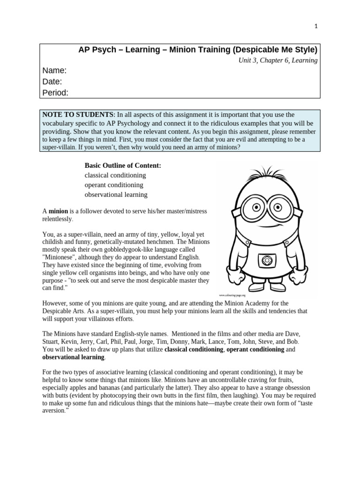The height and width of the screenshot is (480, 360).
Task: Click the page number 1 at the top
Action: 316,26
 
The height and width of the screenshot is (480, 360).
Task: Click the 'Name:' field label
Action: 54,71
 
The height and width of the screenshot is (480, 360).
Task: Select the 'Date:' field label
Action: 52,82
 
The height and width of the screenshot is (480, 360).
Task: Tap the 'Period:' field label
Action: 55,92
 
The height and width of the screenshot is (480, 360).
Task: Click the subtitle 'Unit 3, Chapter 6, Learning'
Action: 278,60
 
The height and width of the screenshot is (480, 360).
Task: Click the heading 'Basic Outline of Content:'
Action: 122,165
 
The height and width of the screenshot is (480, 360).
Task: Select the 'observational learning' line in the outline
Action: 116,194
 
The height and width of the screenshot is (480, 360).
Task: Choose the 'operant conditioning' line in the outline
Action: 114,185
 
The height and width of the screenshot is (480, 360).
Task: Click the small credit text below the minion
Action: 232,295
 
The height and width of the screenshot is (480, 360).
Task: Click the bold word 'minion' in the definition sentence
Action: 59,211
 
